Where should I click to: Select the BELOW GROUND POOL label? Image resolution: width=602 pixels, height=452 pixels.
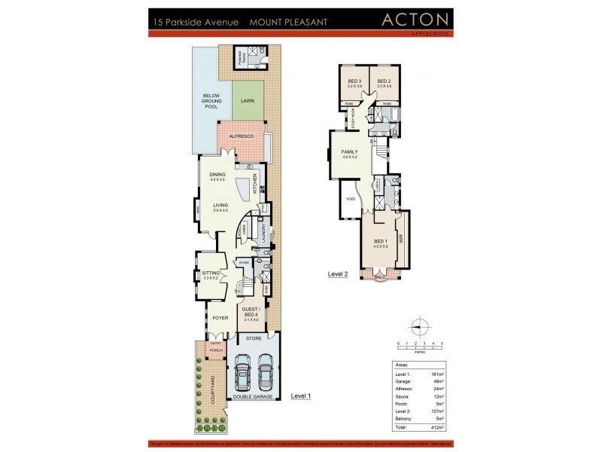211,102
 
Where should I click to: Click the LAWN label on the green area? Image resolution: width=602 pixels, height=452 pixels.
247,100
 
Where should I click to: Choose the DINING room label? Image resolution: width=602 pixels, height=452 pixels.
217,176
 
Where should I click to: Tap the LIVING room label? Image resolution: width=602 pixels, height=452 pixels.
220,206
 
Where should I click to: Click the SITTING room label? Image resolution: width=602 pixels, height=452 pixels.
210,274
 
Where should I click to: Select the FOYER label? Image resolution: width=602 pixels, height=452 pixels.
219,318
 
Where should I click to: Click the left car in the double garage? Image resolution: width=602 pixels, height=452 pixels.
243,371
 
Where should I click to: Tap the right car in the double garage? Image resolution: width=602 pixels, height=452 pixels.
265,371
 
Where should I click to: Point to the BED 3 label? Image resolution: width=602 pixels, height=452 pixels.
355,81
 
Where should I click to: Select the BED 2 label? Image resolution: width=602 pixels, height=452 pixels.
383,81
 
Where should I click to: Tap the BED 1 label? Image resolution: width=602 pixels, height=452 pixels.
380,241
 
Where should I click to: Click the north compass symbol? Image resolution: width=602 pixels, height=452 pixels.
421,326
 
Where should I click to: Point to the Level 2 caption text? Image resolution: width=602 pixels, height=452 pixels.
338,275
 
